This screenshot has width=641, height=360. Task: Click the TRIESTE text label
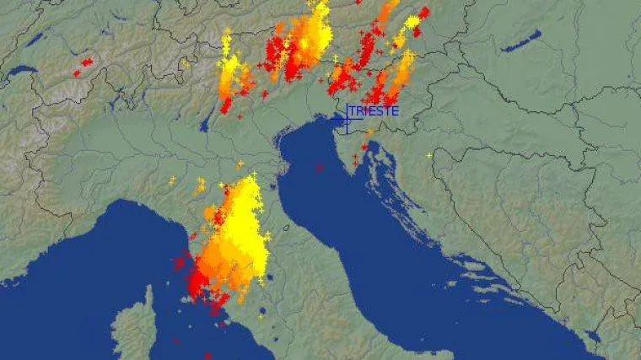(x=374, y=110)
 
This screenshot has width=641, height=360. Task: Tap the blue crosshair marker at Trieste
(x=347, y=121)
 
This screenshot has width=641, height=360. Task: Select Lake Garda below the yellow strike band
(x=205, y=125)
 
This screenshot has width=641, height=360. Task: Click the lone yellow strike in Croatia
(x=429, y=154)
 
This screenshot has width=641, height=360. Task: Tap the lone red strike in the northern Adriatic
(x=319, y=168)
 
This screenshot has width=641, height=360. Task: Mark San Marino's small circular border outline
(x=288, y=226)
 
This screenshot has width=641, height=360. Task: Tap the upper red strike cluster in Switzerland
(x=87, y=62)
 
